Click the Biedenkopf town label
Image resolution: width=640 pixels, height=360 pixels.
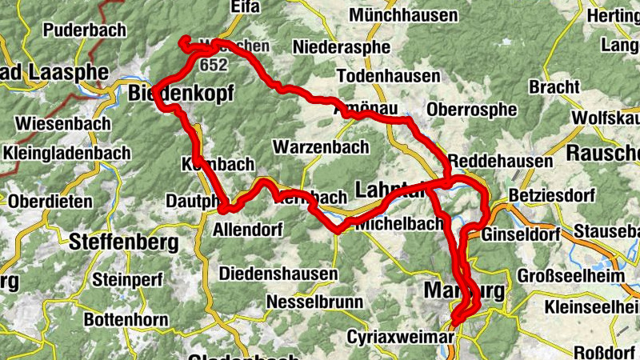coord(181,95)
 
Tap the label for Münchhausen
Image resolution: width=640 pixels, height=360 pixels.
coord(403,15)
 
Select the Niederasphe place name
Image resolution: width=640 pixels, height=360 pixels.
coord(342,47)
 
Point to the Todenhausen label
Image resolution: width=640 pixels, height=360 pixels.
coord(389,77)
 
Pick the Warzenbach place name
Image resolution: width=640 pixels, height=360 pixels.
coord(321,147)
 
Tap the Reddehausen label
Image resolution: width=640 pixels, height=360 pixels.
coord(501,162)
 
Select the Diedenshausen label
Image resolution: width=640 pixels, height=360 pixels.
coord(278,274)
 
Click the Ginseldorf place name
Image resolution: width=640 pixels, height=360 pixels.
coord(525,234)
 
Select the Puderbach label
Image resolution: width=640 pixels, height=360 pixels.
coord(86,30)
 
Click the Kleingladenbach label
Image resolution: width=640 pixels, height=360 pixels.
coord(66,152)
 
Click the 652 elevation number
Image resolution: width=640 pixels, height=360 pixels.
coord(214,63)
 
